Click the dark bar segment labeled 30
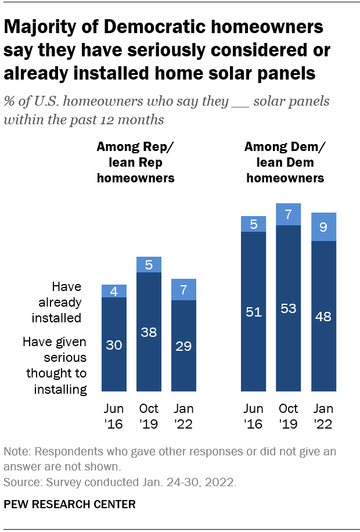point(114,344)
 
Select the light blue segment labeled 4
point(114,291)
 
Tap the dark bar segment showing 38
point(149,331)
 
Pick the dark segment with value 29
point(184,346)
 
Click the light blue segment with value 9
point(324,227)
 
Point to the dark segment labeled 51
point(254,311)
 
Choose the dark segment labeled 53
point(289,308)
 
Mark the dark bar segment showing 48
point(324,316)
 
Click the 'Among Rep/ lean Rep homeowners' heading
point(135,163)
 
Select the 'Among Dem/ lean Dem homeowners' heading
point(285,163)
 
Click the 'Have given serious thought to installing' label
point(56,365)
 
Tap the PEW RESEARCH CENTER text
point(70,504)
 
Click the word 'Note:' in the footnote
point(17,451)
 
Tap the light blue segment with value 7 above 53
point(289,214)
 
